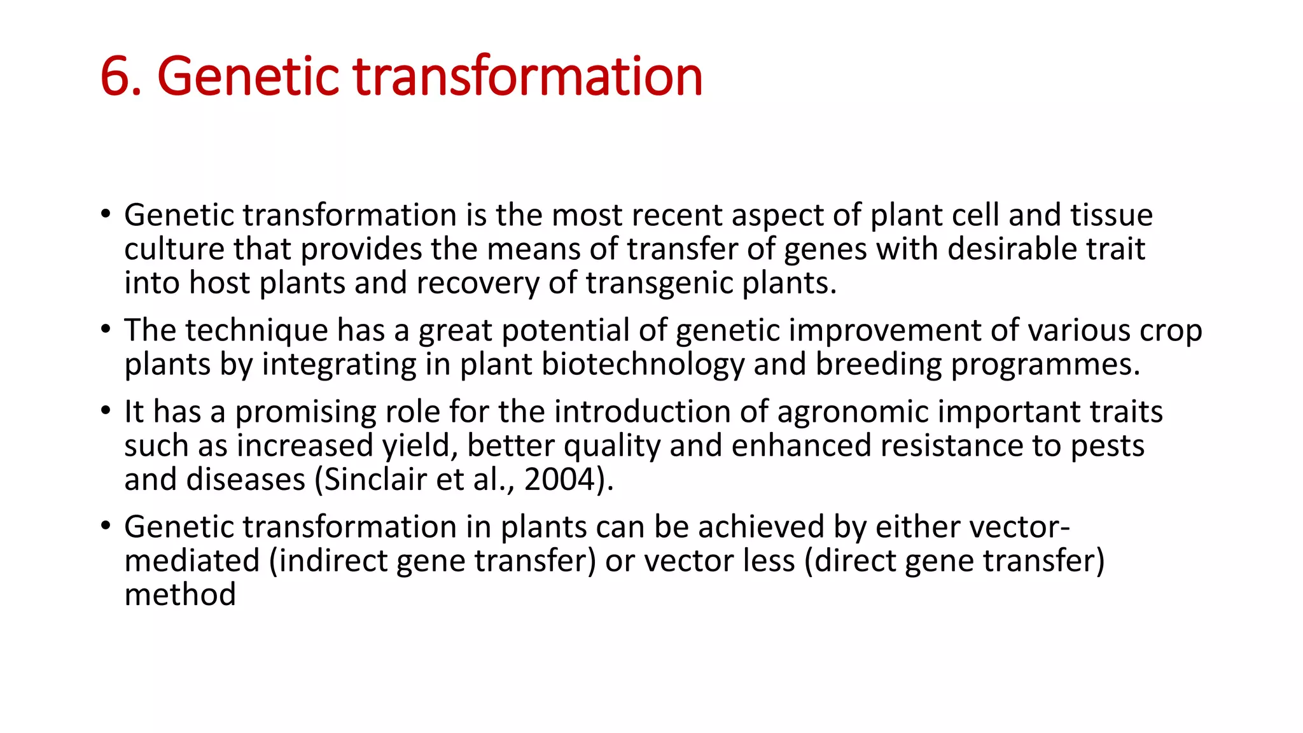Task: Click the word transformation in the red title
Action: [527, 77]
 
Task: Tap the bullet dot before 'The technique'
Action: [106, 329]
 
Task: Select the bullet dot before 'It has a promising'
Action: [106, 410]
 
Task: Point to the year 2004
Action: [559, 479]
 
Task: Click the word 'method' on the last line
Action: [180, 595]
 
